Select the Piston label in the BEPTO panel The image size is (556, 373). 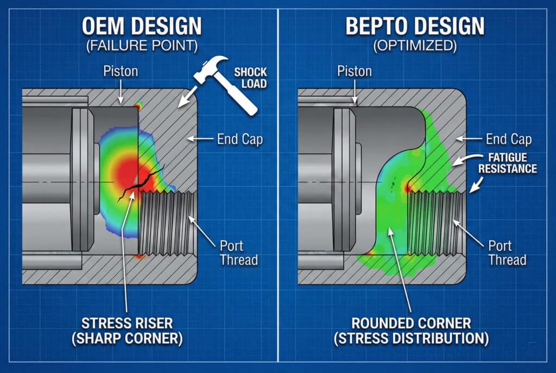(x=354, y=71)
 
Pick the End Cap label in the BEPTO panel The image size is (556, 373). (x=508, y=140)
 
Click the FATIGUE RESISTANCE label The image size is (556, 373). (x=507, y=163)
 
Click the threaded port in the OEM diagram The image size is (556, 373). (x=166, y=222)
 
